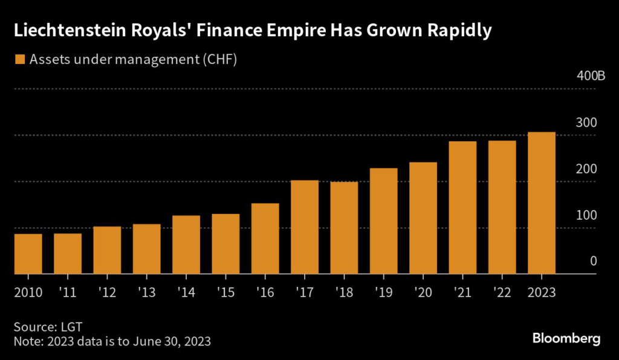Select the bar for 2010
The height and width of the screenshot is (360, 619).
28,254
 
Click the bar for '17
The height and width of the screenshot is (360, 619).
305,227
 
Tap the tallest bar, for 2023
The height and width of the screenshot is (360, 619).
542,203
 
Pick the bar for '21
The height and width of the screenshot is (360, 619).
462,208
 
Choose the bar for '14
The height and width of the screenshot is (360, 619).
186,245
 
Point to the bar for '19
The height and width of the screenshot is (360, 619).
383,221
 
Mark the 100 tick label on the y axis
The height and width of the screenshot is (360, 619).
588,215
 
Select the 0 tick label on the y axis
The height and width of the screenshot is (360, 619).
594,261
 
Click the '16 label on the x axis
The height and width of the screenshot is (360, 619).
265,292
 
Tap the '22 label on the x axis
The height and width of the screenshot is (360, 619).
502,292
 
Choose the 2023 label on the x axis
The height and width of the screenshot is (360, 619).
542,292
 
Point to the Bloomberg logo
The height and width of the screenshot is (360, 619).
566,338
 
